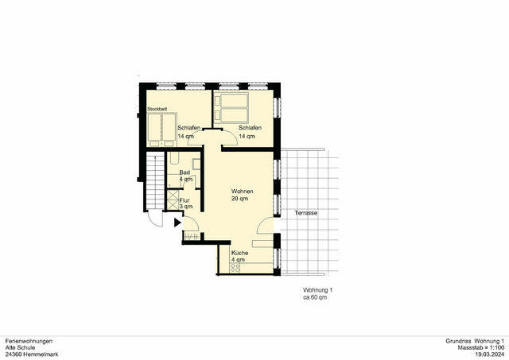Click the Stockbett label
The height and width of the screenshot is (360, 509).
157,109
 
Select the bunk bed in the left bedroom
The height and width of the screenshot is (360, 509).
161,126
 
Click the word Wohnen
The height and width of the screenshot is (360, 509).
242,192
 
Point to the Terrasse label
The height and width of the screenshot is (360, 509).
306,214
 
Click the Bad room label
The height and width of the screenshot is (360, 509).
185,172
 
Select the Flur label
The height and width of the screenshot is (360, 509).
185,200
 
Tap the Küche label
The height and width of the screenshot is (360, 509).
239,253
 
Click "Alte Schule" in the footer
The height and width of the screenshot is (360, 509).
19,347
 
